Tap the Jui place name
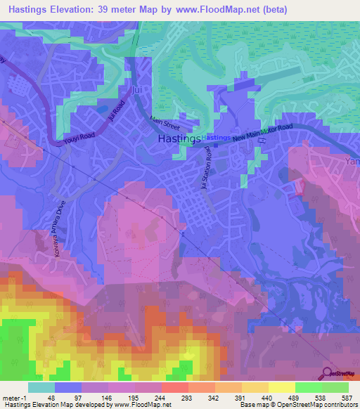click(x=139, y=90)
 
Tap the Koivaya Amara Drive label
click(x=56, y=231)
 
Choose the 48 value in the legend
click(x=50, y=398)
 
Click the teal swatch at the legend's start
click(x=41, y=387)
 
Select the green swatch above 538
click(x=309, y=387)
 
